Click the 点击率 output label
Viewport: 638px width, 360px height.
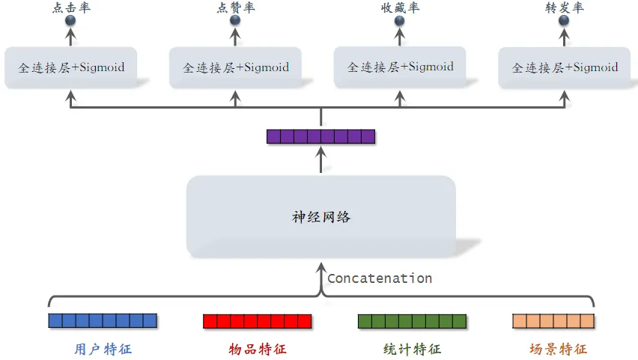tap(72, 7)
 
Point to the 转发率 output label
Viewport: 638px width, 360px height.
tap(565, 7)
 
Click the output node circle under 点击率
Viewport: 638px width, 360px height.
tap(72, 21)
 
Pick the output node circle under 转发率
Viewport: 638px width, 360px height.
tap(565, 21)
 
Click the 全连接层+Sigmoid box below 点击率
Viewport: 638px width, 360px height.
tap(72, 68)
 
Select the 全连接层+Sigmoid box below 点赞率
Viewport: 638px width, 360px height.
tap(236, 68)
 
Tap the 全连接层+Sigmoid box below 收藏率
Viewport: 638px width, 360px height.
tap(400, 67)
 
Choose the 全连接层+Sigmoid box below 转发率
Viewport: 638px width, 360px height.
tap(565, 68)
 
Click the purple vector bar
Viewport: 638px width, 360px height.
tap(320, 136)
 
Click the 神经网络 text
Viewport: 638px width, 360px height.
tap(320, 218)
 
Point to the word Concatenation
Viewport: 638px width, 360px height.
tap(380, 278)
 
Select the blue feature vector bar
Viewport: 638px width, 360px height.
tap(103, 321)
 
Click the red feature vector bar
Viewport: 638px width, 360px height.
tap(257, 321)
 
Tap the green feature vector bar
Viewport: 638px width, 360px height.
tap(412, 321)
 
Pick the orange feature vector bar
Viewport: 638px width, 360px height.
tap(553, 321)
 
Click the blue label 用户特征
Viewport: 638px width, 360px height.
tap(103, 349)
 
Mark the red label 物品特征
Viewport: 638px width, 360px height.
tap(257, 349)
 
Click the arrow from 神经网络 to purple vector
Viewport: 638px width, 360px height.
tap(320, 159)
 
